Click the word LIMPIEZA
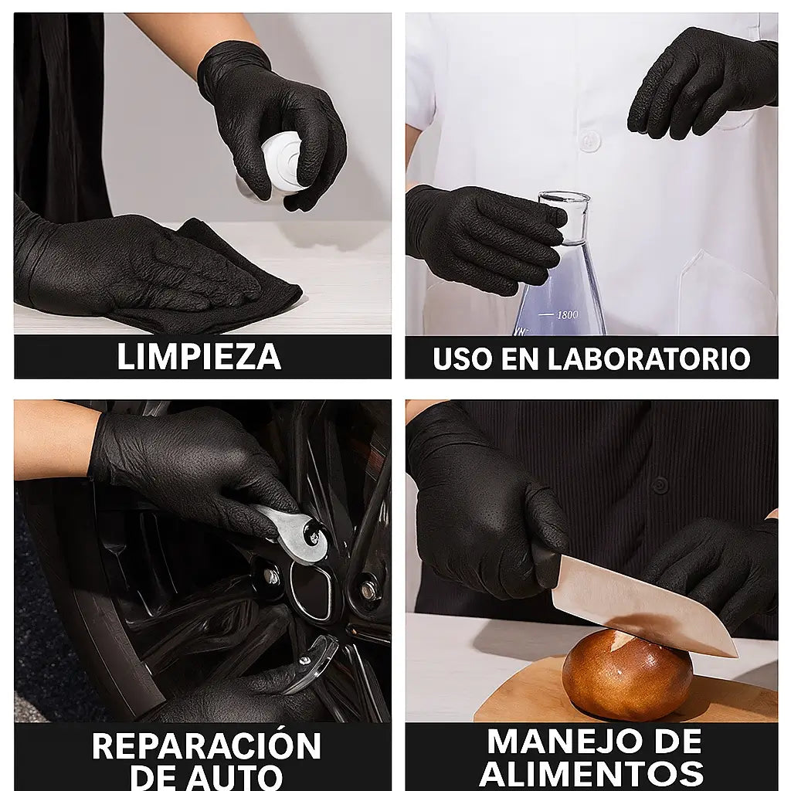tap(199, 357)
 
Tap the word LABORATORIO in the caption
tap(649, 358)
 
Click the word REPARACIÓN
tap(206, 745)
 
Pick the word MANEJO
tap(569, 741)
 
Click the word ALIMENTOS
tap(591, 773)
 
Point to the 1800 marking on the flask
tap(567, 315)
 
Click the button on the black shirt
tap(660, 485)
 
